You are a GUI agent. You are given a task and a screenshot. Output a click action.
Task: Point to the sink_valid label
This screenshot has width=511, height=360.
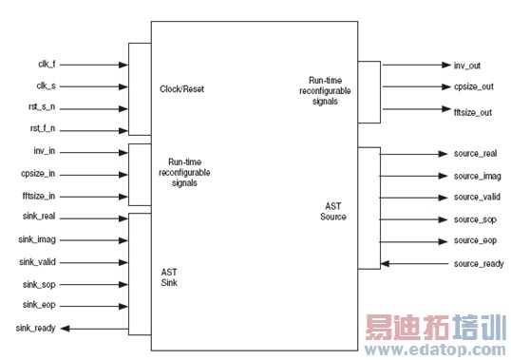[x=38, y=261]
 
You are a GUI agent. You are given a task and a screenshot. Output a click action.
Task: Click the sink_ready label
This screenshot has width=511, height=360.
[x=35, y=328]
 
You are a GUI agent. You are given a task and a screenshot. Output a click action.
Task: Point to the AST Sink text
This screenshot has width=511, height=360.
[x=170, y=275]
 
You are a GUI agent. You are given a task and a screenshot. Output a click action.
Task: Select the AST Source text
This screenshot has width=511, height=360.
[x=333, y=211]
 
